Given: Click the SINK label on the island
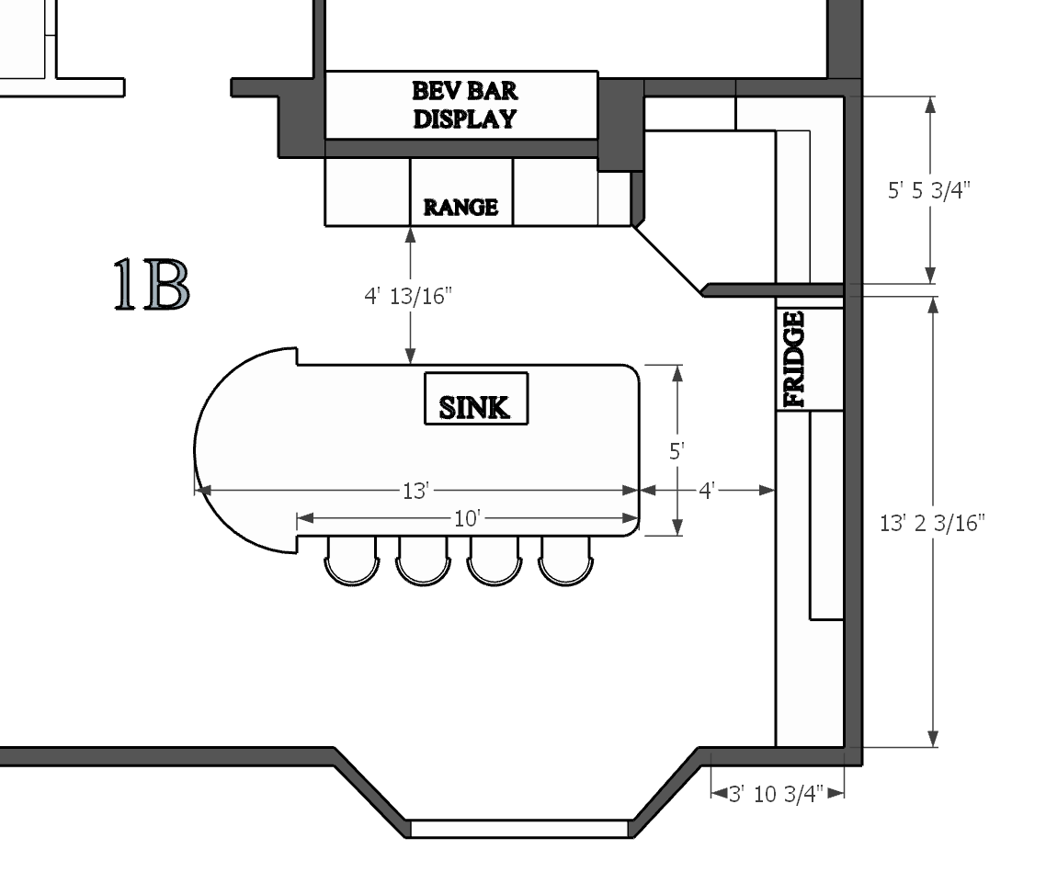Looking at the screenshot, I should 475,407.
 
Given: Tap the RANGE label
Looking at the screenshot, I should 460,208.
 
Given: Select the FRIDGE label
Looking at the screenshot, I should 794,359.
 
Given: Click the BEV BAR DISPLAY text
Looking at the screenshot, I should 464,105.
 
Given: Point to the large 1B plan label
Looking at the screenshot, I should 152,285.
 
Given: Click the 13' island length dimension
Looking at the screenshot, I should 415,491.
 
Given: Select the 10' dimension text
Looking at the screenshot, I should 467,519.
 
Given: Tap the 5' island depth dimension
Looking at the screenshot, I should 677,452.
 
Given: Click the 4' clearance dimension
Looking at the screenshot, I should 707,491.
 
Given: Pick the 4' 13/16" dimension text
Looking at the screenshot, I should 407,297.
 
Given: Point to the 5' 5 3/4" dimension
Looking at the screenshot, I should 929,191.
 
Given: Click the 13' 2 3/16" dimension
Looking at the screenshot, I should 932,523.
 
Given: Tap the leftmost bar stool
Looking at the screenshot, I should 352,561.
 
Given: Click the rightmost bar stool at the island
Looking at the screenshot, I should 565,561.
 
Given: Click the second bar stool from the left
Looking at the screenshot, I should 423,561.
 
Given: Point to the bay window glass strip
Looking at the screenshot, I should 519,829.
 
